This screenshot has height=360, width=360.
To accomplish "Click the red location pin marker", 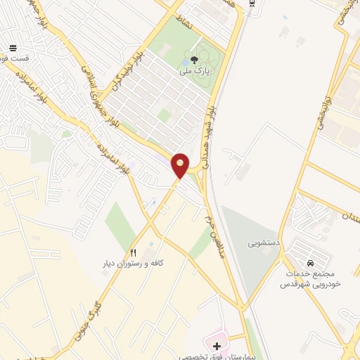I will [181, 165].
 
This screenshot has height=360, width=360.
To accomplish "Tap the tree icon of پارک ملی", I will [194, 60].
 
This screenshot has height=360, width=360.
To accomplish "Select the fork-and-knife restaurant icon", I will [133, 252].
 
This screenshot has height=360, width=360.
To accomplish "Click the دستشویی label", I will [263, 243].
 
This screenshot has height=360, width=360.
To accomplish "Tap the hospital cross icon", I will [217, 346].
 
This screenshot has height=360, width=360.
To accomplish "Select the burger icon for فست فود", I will [13, 49].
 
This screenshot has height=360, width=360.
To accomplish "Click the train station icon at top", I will [253, 4].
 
